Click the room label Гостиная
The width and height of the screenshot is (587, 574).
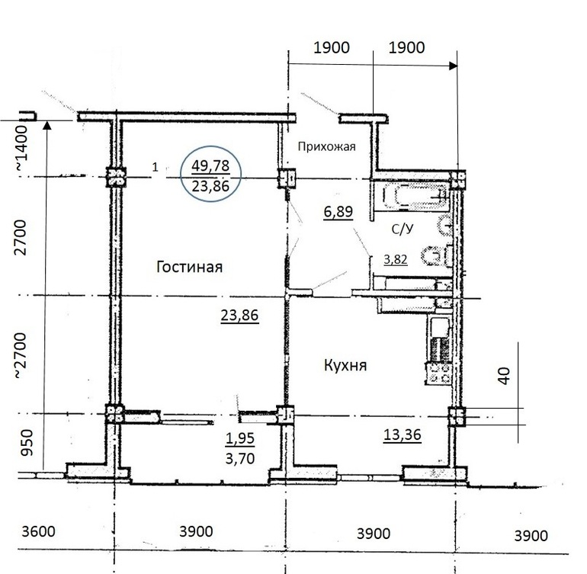coord(189,267)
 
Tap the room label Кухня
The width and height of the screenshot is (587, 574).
coord(345,364)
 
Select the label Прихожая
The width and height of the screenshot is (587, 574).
coord(326,146)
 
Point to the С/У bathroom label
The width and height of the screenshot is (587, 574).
coord(403,229)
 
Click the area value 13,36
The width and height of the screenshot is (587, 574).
coord(403,435)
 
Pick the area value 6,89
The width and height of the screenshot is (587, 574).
coord(338,212)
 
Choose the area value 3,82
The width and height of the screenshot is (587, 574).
coord(396,259)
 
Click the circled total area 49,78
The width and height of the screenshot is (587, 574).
coord(210,165)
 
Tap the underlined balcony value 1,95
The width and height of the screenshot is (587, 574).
coord(240,438)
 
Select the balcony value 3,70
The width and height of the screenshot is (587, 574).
coord(240,458)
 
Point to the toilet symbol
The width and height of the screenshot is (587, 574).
coord(437,256)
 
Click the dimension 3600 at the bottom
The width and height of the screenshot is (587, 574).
coord(39,531)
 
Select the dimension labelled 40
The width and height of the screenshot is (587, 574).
coord(505,376)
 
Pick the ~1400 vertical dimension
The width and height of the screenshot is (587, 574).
coord(21,149)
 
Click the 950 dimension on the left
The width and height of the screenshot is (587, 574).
coord(27,443)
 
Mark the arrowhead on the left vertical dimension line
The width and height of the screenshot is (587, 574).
coord(47,125)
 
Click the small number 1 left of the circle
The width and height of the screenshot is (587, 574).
coord(156,167)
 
